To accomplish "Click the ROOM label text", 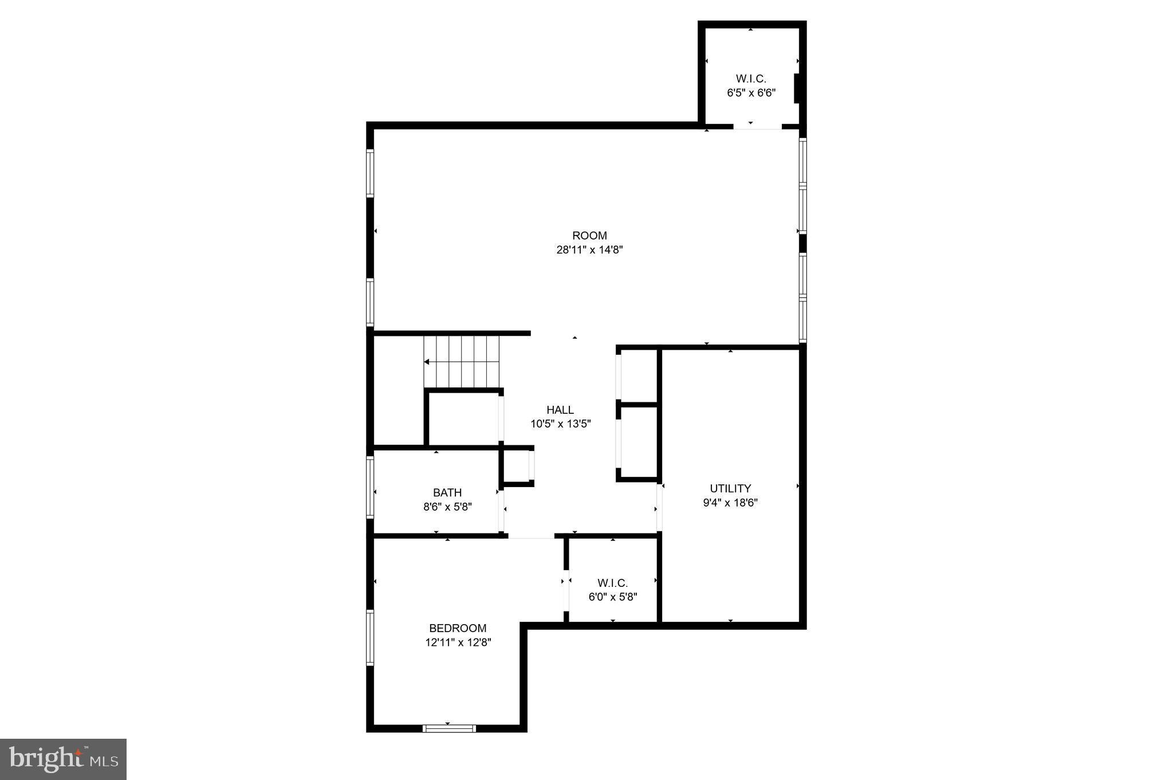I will coord(589,236).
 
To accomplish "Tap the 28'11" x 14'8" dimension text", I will coord(589,250).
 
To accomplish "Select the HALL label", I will coord(560,410).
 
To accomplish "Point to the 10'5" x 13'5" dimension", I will coord(560,424).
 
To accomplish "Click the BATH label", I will coord(447,492).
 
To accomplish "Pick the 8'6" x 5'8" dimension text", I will coord(447,507).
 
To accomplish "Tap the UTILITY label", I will coord(730,488).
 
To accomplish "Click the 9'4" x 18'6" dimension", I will coord(730,503).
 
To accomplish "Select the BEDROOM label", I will coord(458,628).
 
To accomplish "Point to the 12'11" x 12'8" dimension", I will coord(458,642).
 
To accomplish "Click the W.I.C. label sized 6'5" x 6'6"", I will coord(751,79).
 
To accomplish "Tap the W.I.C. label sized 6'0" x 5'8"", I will coord(612,583).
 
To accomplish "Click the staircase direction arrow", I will coord(427,362).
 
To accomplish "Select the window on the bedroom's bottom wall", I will coord(449,728).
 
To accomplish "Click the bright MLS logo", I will coord(63,759).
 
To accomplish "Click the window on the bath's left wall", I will coord(370,487).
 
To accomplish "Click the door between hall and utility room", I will coord(659,507).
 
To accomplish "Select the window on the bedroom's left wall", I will coord(370,637).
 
